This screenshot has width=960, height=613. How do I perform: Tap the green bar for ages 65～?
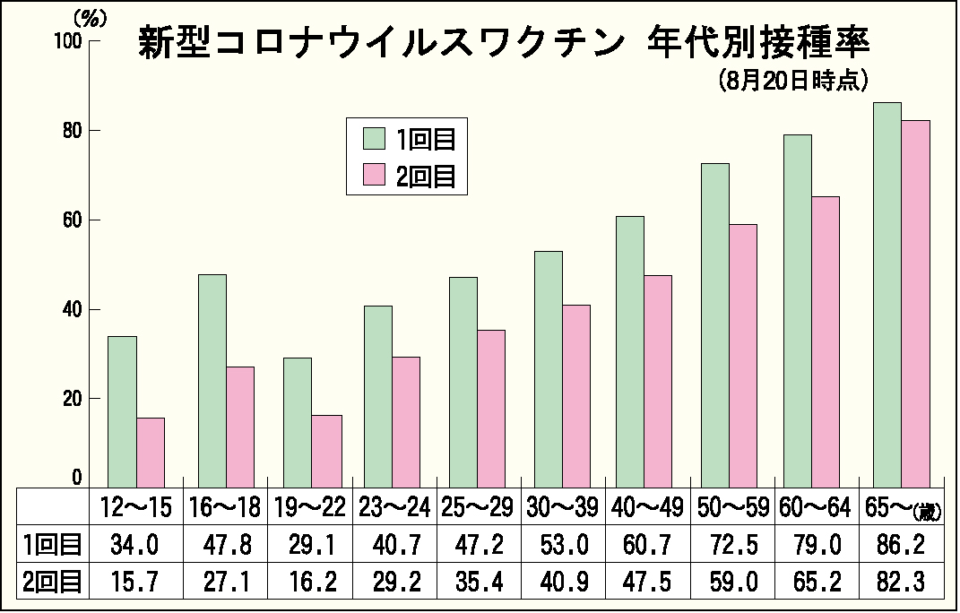(886, 296)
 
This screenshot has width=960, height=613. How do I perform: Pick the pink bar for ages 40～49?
(658, 382)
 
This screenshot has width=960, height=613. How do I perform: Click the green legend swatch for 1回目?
(374, 139)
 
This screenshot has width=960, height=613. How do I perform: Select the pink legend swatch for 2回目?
(374, 176)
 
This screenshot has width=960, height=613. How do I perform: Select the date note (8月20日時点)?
(793, 81)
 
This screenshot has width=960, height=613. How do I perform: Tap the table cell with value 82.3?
(901, 581)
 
